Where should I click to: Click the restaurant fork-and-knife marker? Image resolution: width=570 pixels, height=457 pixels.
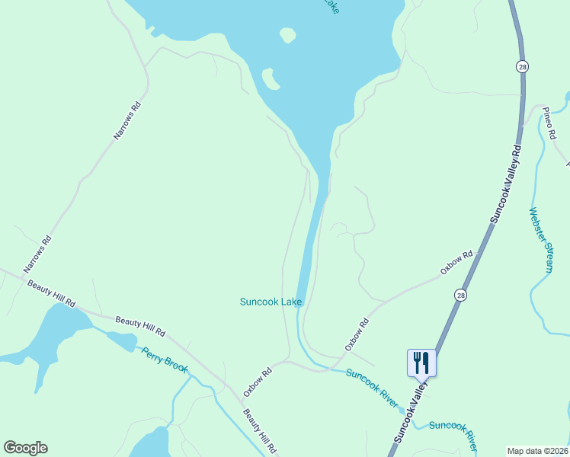[422, 362]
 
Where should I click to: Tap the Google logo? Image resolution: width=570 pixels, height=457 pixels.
[25, 448]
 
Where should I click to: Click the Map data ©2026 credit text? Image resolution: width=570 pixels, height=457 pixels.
[538, 451]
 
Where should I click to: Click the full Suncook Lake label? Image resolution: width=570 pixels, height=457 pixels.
[271, 302]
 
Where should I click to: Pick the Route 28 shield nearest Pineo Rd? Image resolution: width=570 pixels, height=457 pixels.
[521, 66]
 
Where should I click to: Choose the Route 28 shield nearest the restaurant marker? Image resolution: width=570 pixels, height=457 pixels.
[460, 295]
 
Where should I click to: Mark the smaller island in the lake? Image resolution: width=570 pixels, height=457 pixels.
[287, 34]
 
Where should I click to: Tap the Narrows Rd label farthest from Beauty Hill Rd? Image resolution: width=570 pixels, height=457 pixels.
[127, 121]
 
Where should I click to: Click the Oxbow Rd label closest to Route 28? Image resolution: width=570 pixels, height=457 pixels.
[456, 263]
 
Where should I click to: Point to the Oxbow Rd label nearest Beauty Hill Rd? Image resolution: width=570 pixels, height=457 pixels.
[258, 382]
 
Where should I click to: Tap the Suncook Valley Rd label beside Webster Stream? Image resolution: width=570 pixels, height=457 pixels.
[505, 184]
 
